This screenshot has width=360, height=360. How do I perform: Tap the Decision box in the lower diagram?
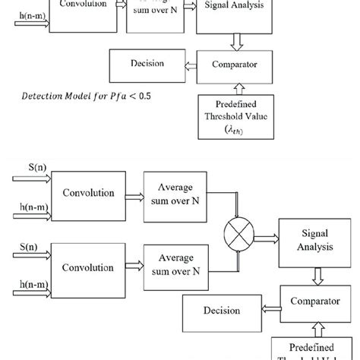point(221,310)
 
